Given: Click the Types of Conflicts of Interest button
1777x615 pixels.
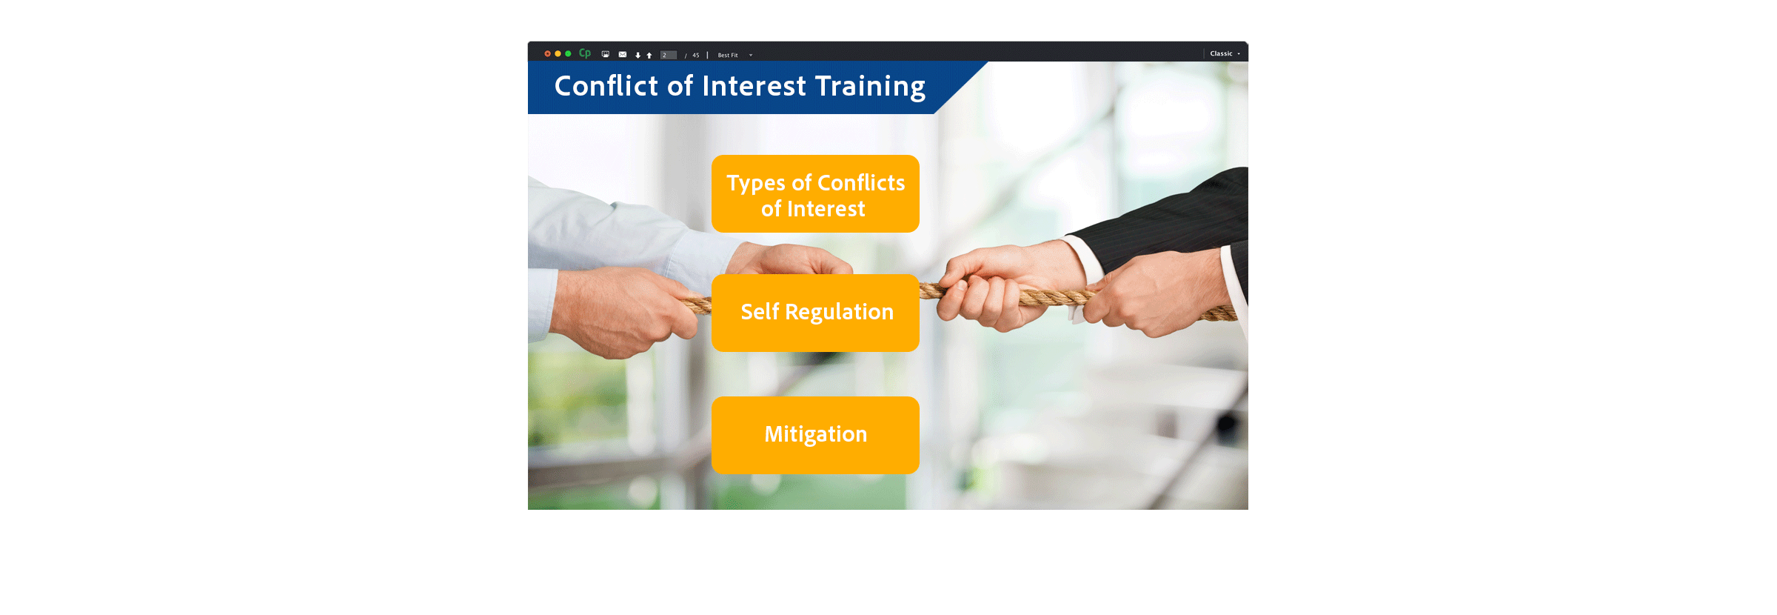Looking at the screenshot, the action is (815, 194).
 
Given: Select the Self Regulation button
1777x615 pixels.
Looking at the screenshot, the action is (815, 313).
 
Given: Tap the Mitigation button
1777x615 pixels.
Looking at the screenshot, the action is (815, 435).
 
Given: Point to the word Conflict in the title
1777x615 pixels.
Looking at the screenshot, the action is (606, 86).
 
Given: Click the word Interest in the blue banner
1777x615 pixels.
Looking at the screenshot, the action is (754, 86).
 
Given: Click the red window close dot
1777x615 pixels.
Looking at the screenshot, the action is (547, 53).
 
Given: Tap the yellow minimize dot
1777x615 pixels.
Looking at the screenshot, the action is (558, 53).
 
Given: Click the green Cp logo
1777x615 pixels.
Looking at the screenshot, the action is (585, 53).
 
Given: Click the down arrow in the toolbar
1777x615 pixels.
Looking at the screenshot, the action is (637, 55).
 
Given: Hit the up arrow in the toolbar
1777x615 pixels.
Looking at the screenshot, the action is (649, 55).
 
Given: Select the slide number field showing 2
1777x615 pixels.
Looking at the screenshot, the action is (669, 55).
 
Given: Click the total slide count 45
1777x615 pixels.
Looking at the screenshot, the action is (696, 55).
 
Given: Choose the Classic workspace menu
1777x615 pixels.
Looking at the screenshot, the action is (1225, 53).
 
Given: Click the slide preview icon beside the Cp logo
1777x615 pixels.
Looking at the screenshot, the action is (606, 54).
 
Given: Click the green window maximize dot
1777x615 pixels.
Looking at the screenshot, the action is (568, 53).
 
